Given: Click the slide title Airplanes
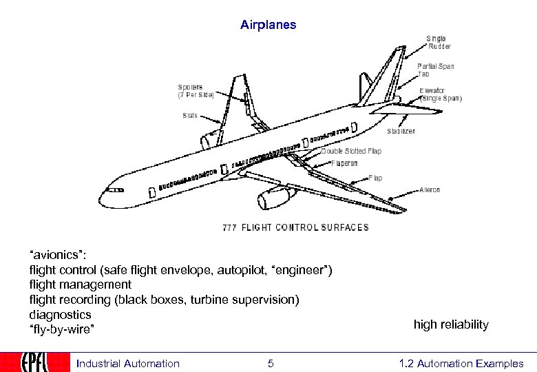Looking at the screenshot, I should point(268,25).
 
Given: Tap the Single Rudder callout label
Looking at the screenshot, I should point(439,43).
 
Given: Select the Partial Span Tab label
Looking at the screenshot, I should point(435,70).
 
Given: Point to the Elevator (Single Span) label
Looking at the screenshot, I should point(441,94).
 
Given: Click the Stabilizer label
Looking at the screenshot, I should point(401,131).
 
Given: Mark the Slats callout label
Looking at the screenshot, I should point(190,116).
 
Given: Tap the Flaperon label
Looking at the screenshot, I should point(344,164).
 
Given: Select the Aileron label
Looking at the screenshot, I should point(430,190).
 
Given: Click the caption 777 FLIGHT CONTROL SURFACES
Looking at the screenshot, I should point(295,227).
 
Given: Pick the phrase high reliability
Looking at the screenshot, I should point(451,324).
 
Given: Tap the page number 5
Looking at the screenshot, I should point(271,364).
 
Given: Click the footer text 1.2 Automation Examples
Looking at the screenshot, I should point(461,364).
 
